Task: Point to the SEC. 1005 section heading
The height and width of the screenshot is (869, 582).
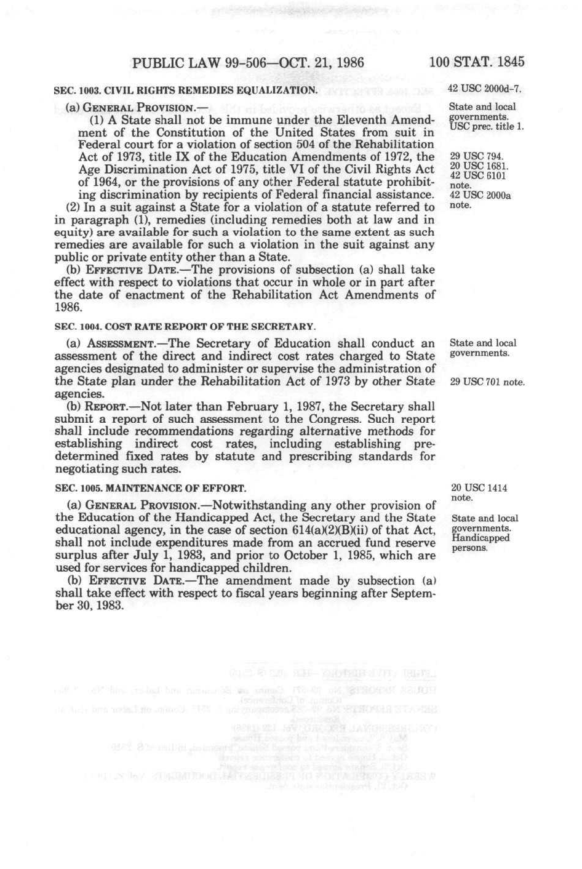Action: tap(150, 489)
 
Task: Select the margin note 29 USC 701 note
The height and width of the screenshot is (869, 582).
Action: tap(487, 382)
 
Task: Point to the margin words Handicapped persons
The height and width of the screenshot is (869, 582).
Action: tap(480, 543)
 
